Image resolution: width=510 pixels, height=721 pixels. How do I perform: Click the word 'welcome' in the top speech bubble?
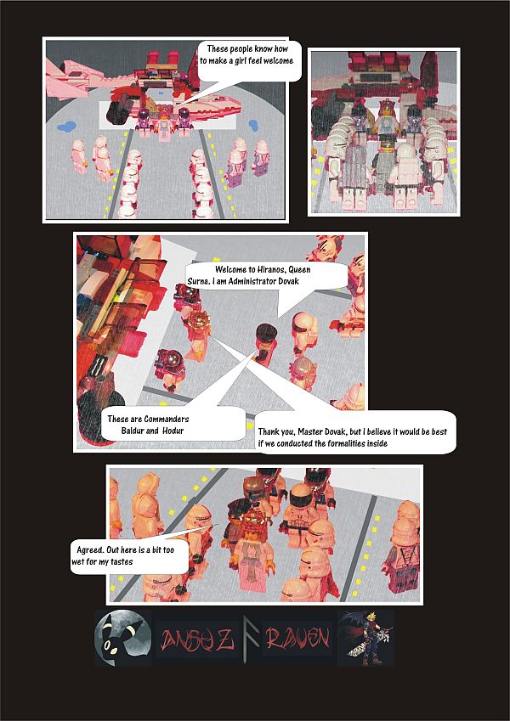click(x=271, y=61)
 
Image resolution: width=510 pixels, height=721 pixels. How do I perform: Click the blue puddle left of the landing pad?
click(x=65, y=127)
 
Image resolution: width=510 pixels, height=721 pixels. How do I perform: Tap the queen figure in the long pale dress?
click(x=255, y=560)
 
